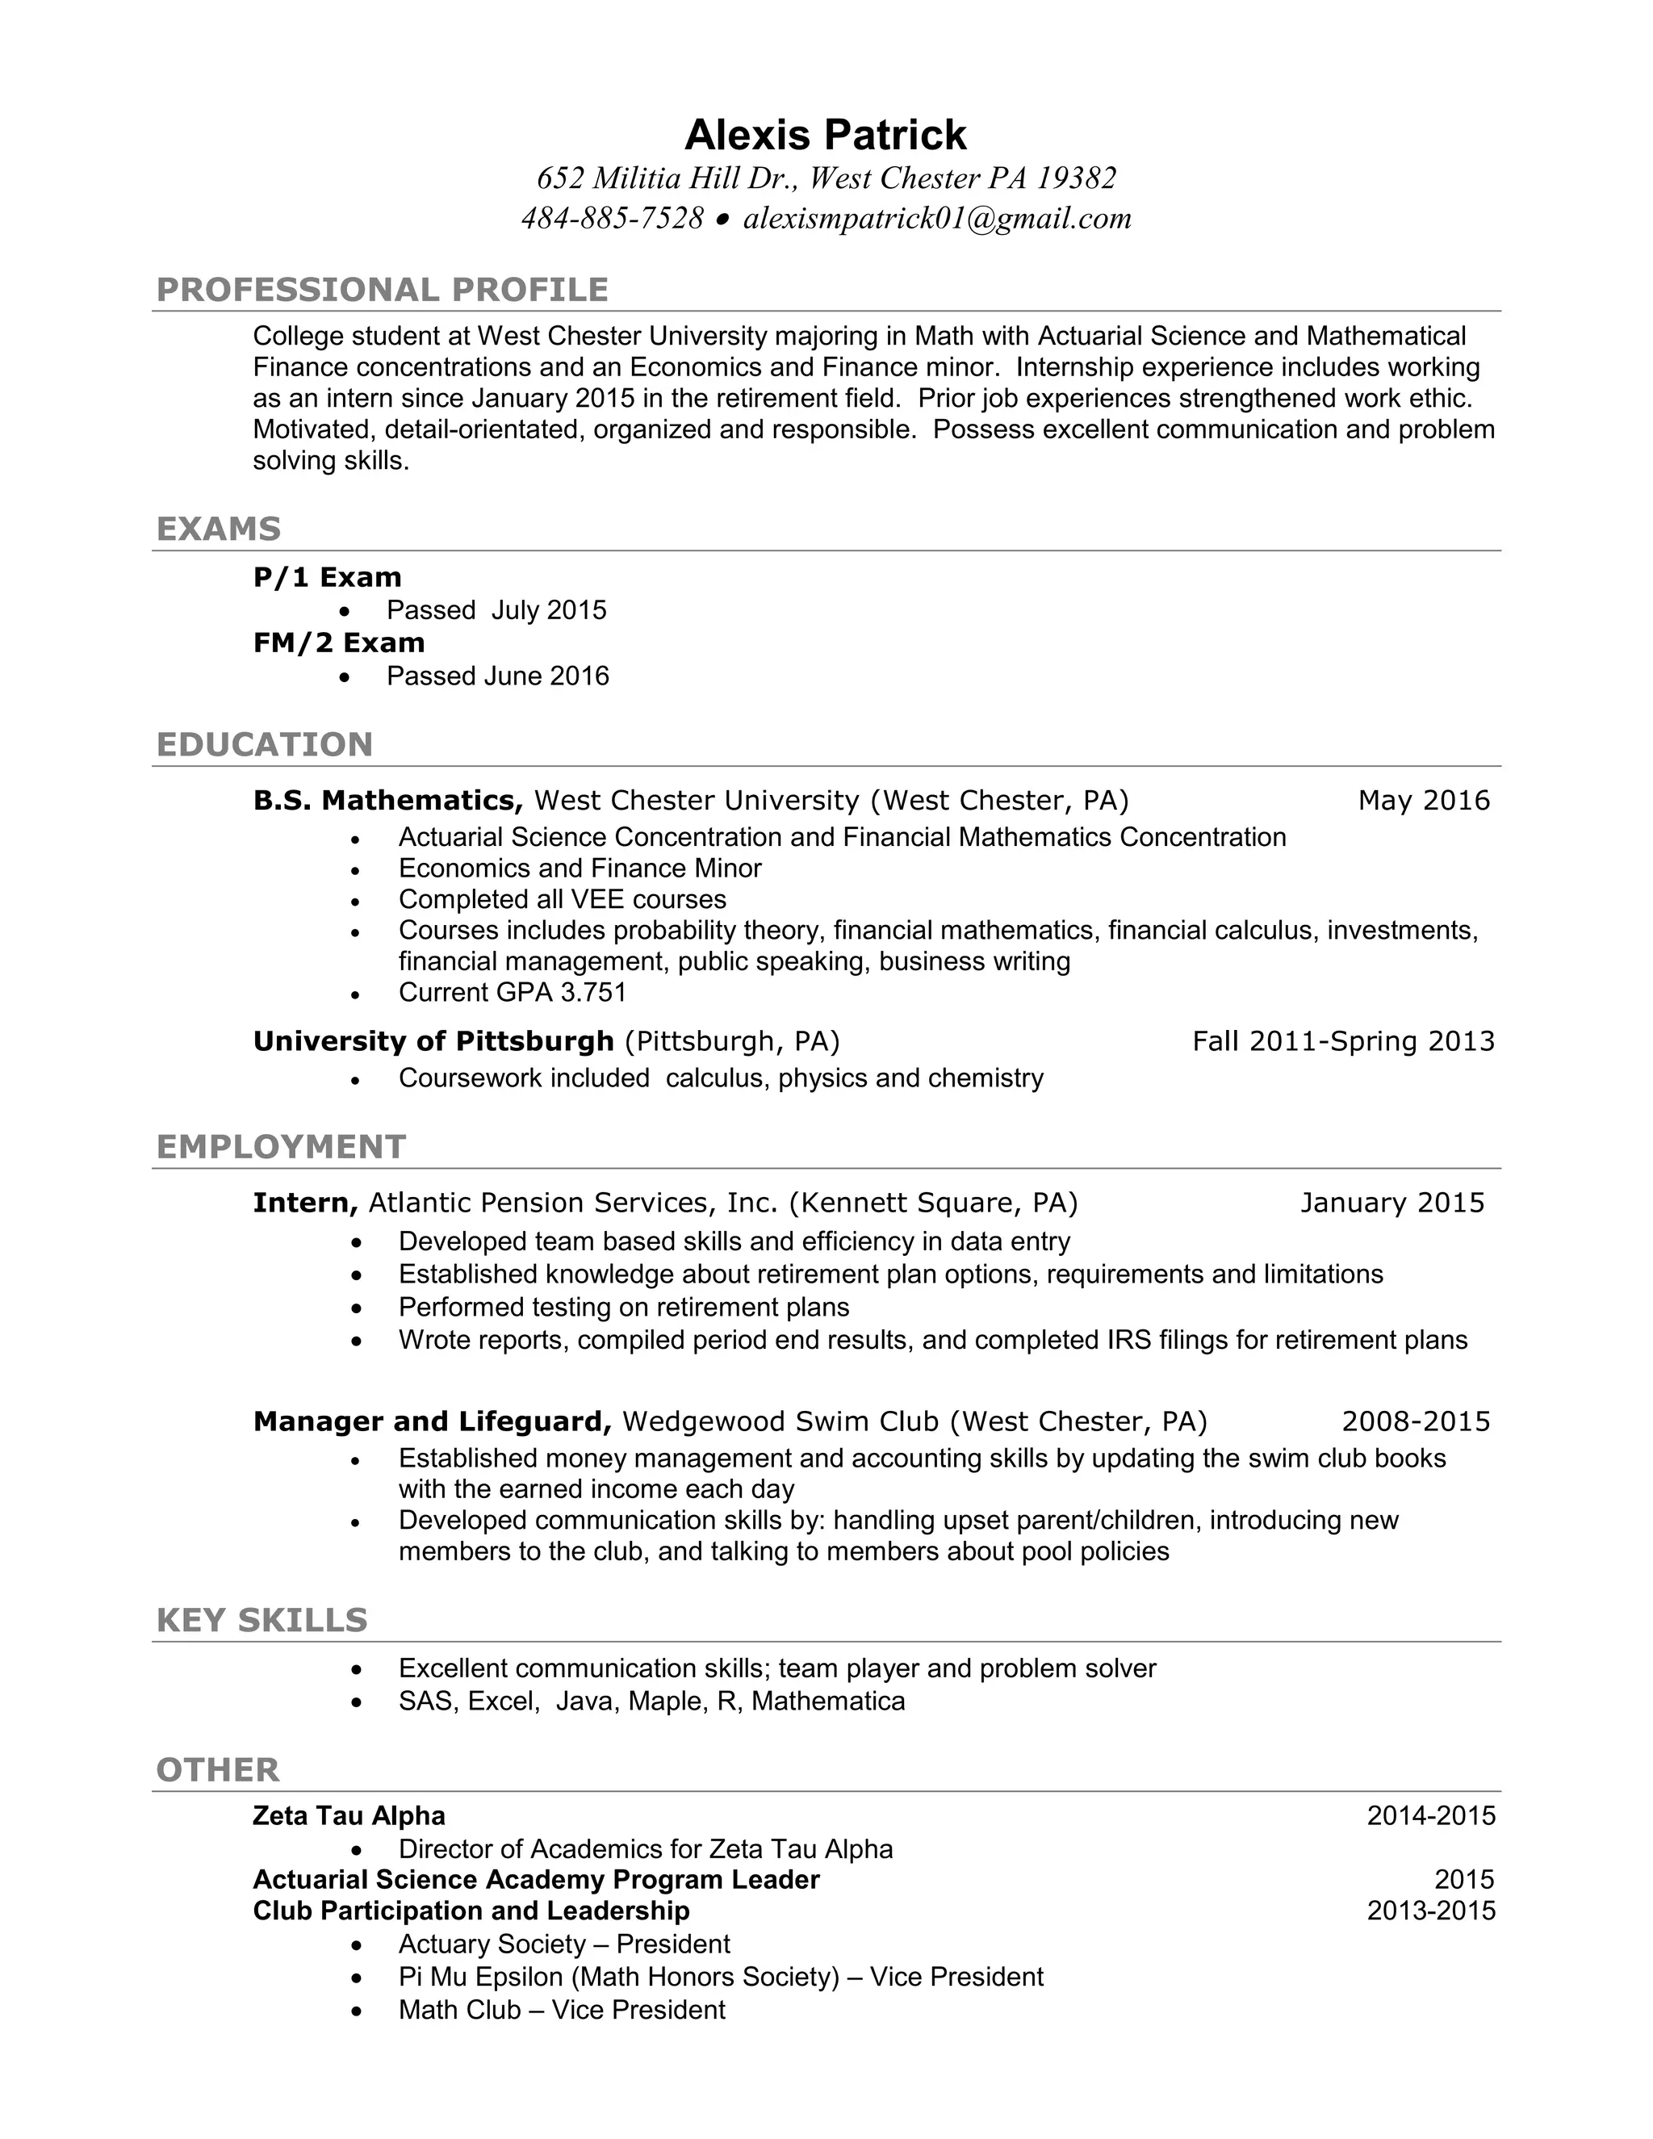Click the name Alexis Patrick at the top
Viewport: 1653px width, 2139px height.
[825, 135]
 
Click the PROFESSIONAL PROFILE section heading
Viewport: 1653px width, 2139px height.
[382, 290]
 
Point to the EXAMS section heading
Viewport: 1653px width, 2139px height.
[219, 529]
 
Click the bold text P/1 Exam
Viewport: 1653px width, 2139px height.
[327, 577]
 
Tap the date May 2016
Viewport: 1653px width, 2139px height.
[1423, 800]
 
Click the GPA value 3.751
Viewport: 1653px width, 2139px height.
[592, 992]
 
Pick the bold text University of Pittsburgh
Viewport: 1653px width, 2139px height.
[433, 1040]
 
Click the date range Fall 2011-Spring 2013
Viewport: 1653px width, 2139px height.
[1342, 1040]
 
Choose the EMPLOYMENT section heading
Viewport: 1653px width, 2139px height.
[281, 1147]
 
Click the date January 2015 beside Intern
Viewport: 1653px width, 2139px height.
[1391, 1203]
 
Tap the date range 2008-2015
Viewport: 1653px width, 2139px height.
[1415, 1421]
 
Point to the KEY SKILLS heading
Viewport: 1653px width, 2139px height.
[262, 1621]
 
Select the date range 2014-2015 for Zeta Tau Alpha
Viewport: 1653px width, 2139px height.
[1431, 1816]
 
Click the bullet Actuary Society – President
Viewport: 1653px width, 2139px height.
[564, 1944]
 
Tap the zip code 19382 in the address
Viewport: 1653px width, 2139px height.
[1076, 178]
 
